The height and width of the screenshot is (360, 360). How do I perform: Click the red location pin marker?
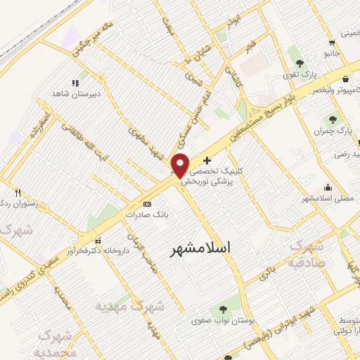pos(181,165)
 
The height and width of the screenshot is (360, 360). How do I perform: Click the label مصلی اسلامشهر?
pos(327,198)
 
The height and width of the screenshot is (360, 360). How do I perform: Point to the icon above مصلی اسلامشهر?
pos(328,187)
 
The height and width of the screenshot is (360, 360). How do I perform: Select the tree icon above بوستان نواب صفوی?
pos(222,309)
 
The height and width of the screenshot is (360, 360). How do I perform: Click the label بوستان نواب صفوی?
pos(222,321)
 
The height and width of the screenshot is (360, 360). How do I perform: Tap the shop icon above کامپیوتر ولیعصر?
pos(345,79)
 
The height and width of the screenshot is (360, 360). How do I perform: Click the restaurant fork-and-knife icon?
pos(18,193)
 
